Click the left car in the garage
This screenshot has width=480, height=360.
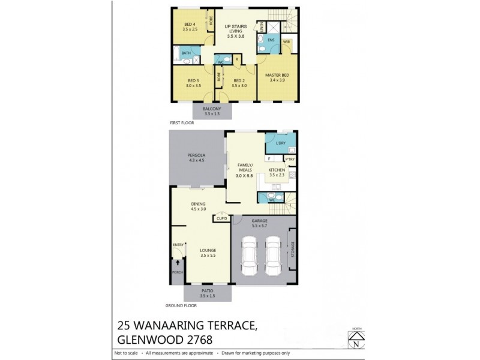click(250, 255)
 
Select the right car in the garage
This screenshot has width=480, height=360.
click(273, 255)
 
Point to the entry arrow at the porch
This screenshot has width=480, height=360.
click(178, 262)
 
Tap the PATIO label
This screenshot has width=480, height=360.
click(207, 293)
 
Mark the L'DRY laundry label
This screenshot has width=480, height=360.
click(281, 144)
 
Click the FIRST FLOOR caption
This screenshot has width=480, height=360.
click(182, 122)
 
